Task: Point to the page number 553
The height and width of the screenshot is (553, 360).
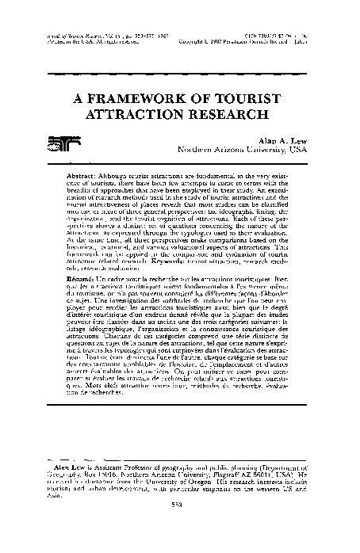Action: tap(179, 529)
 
